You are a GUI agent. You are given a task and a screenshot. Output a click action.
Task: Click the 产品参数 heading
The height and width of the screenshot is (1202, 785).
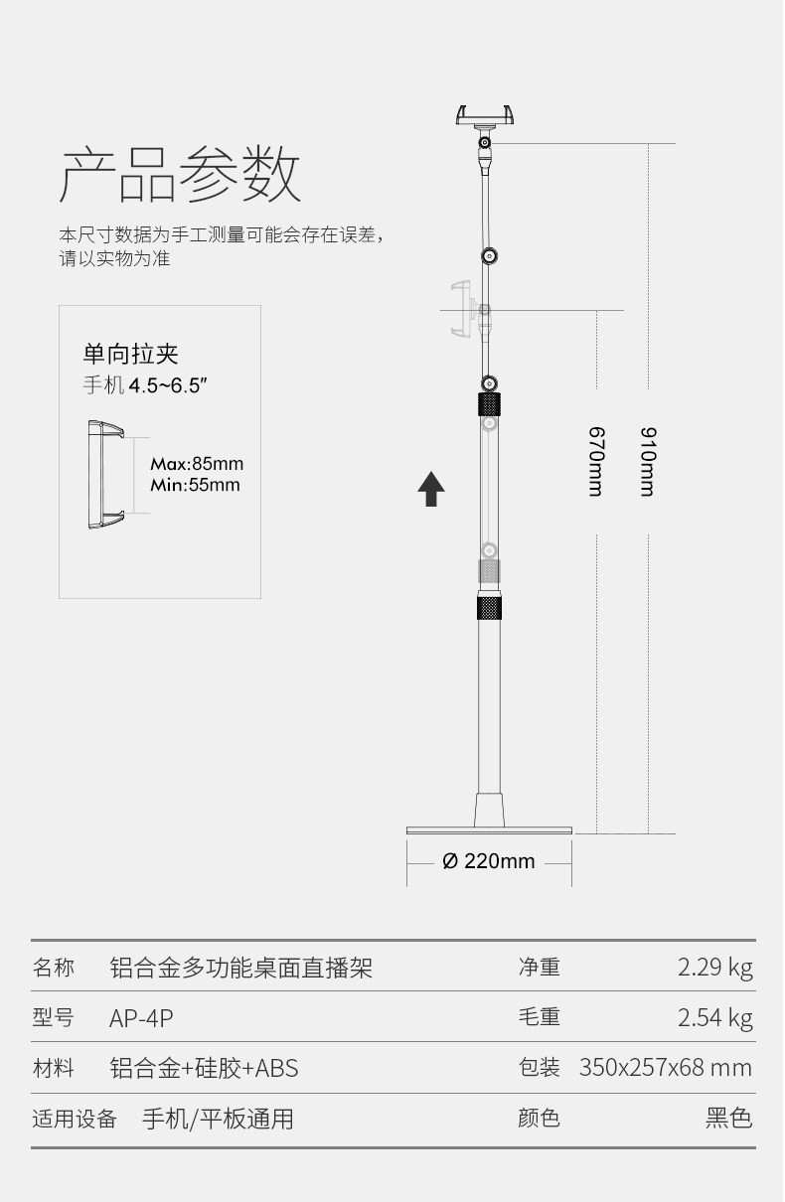point(180,175)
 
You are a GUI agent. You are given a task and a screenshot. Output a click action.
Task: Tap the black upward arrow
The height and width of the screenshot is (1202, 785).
point(431,489)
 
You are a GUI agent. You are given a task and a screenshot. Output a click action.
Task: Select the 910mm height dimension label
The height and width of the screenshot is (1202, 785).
point(648,462)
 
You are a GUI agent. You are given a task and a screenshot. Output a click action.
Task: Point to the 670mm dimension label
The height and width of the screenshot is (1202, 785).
point(596,462)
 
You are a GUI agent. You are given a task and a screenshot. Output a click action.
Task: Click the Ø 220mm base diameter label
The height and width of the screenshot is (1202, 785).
point(489,861)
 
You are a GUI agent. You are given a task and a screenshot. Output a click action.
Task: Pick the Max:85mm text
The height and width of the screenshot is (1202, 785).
point(197,464)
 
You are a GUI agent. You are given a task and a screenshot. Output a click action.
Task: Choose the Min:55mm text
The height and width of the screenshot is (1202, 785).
point(195,485)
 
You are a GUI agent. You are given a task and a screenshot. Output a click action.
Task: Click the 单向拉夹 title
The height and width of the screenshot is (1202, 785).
point(130,355)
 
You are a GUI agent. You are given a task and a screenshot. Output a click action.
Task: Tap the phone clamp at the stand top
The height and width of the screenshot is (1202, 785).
point(485,116)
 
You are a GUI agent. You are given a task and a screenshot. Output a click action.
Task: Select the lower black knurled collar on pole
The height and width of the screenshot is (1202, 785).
point(489,606)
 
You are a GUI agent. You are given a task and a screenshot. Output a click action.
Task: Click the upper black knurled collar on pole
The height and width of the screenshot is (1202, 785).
point(489,404)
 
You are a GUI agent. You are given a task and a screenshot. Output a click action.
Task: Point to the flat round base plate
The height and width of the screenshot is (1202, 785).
point(489,830)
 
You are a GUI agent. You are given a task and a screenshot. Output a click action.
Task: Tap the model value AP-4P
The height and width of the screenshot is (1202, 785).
point(141,1018)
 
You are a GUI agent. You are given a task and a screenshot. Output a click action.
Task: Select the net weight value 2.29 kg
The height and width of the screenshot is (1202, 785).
point(714,968)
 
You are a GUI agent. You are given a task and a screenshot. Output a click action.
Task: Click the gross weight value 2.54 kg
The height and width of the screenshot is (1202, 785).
point(714,1018)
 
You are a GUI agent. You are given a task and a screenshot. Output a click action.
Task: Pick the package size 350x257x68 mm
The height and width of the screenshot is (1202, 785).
point(666,1068)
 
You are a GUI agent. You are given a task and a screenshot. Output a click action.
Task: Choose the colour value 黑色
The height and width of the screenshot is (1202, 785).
point(728,1119)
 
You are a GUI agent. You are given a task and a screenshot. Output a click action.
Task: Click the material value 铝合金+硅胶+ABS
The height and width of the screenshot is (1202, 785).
point(204,1068)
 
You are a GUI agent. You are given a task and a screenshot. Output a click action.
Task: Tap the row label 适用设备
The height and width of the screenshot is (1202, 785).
point(75,1119)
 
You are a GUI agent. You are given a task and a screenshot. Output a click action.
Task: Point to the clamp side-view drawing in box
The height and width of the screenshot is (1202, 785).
point(105,475)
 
